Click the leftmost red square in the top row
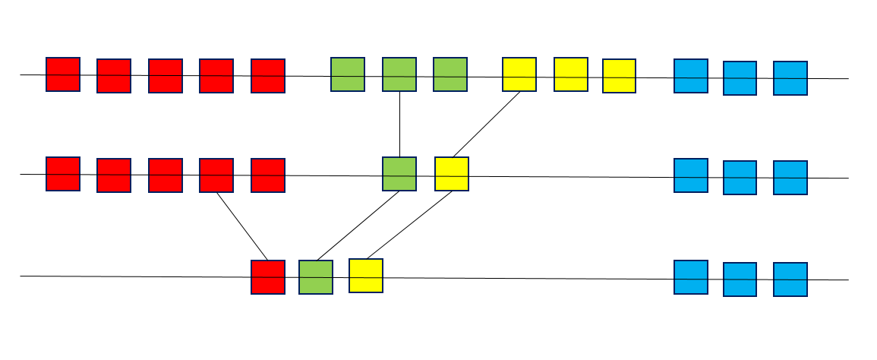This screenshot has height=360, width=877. coord(63,74)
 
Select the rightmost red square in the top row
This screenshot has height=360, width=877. coord(268,76)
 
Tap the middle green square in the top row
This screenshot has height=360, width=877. coord(399,74)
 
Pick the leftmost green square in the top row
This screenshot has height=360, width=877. coord(348,74)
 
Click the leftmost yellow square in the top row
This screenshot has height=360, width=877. coord(519,74)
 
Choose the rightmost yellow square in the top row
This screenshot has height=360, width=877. coord(620,76)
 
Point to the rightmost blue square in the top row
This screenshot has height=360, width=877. coord(790,78)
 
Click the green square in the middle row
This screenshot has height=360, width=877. coord(399,174)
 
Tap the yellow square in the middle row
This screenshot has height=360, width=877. coord(452,174)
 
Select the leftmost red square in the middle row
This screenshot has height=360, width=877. coord(63,174)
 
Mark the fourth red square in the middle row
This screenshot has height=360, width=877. coord(216,175)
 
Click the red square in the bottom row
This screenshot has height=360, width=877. coord(268,277)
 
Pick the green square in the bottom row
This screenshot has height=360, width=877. coord(316,277)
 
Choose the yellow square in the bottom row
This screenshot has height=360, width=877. coord(366,276)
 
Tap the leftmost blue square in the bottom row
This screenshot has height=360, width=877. coord(691,277)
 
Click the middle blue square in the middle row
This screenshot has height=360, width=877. coord(740,178)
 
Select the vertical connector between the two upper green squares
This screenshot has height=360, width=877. coord(399,125)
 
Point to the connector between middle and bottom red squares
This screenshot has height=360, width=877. coord(242,226)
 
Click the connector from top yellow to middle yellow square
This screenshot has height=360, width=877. coord(487,124)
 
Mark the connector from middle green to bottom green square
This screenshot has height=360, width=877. coord(358,226)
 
